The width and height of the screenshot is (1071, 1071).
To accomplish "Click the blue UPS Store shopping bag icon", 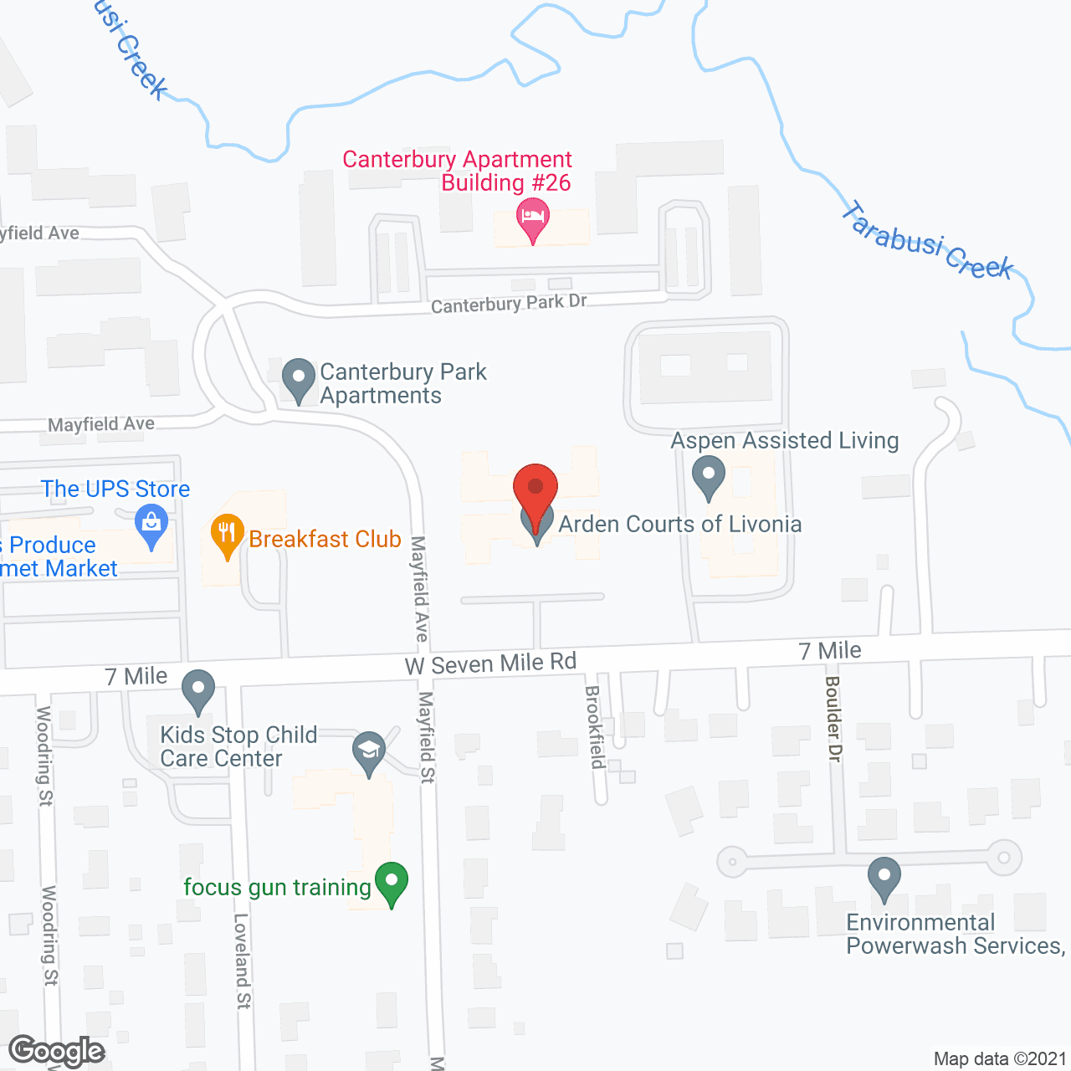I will [x=151, y=525].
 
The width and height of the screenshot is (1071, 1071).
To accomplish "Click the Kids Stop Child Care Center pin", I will [x=198, y=690].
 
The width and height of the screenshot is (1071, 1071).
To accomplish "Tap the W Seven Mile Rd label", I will [x=491, y=664].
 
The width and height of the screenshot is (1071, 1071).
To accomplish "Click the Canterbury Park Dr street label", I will [x=509, y=304].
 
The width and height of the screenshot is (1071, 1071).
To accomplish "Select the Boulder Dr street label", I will [x=833, y=718].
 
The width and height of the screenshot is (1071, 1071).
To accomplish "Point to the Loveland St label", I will [x=242, y=961].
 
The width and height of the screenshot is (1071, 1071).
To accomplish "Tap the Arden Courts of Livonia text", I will [x=679, y=525].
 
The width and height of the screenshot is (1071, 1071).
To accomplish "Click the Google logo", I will [x=56, y=1051].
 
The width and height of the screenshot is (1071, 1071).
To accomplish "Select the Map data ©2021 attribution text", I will [x=1000, y=1058].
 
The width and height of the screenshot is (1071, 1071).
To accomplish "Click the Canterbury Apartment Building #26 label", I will [x=457, y=171].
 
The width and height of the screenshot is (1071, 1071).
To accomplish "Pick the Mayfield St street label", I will [x=427, y=737].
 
